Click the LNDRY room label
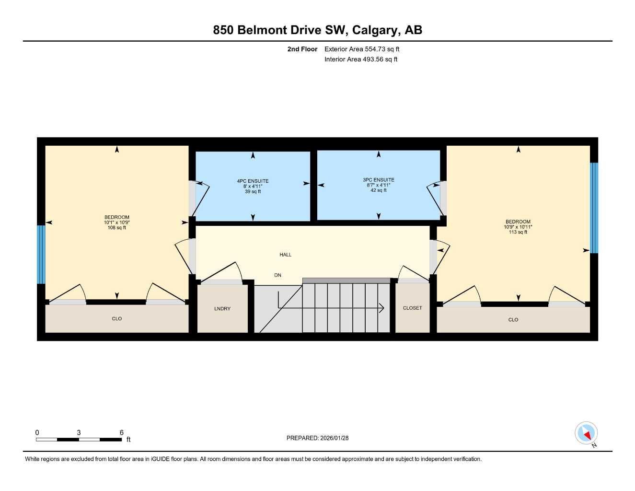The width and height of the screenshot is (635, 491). click(x=222, y=309)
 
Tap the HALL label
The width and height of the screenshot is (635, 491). click(x=286, y=255)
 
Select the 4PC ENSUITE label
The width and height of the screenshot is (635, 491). click(x=253, y=181)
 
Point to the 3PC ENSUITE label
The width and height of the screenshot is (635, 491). click(x=379, y=180)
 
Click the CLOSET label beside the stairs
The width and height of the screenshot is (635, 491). click(x=412, y=308)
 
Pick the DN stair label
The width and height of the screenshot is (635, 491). click(x=277, y=275)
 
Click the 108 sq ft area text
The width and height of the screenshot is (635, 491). click(x=117, y=228)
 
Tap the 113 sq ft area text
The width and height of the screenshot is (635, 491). click(x=518, y=232)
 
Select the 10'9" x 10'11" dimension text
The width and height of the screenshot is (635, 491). click(x=518, y=227)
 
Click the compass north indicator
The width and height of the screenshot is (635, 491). click(x=586, y=433)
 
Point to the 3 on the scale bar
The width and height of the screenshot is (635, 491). click(x=79, y=433)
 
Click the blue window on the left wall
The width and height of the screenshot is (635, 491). click(x=41, y=254)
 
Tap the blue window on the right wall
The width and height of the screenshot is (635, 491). click(x=594, y=208)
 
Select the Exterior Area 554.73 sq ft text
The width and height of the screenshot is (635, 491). click(x=362, y=49)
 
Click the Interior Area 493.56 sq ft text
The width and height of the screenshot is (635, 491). click(x=361, y=59)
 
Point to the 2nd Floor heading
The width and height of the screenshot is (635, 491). click(x=302, y=49)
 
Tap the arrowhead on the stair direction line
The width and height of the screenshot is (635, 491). click(x=382, y=308)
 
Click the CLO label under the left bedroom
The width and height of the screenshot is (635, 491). click(x=117, y=318)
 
